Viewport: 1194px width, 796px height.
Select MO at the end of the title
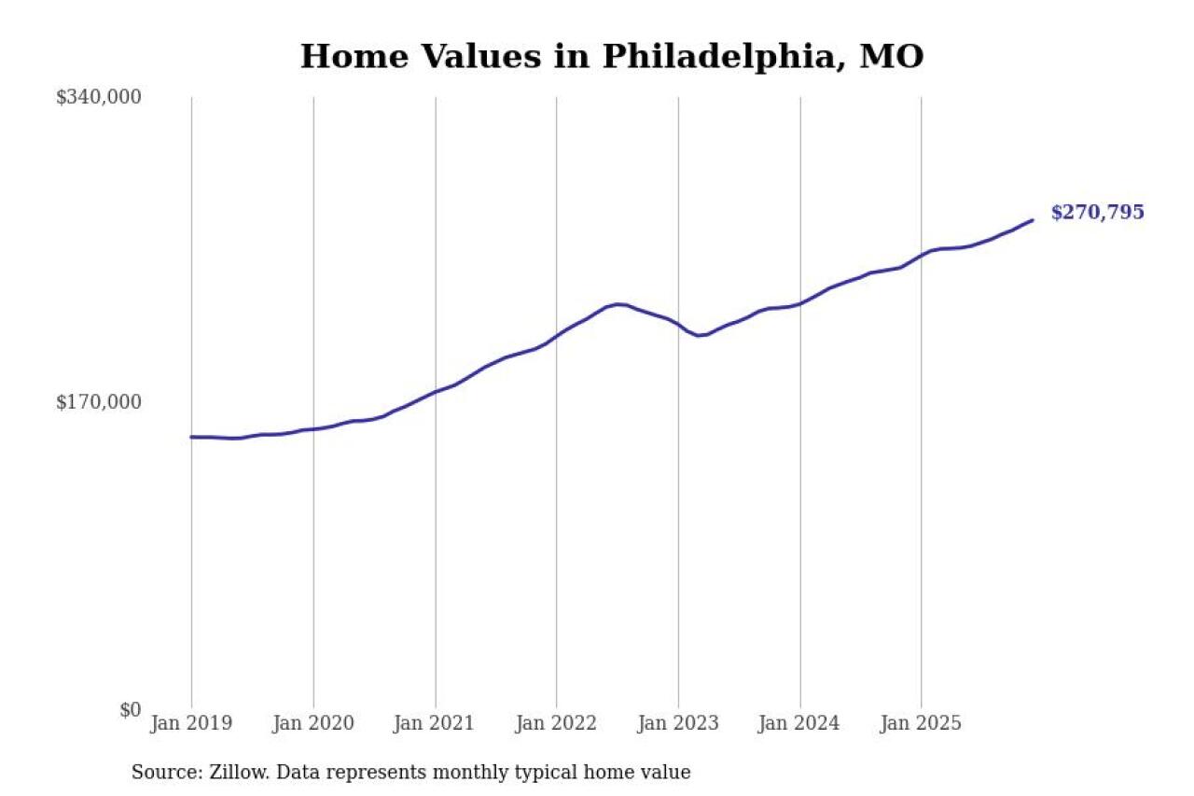coord(891,57)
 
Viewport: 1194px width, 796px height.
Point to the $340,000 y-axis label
coord(98,97)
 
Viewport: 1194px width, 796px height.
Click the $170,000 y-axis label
coord(98,402)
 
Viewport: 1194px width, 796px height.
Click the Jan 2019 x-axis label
coord(191,724)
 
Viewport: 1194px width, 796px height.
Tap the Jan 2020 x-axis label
coord(313,724)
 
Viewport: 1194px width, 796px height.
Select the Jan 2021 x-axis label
coord(435,724)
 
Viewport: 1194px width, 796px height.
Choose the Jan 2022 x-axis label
coord(557,724)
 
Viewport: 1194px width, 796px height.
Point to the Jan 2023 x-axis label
coord(678,724)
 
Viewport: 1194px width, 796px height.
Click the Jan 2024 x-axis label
coord(799,724)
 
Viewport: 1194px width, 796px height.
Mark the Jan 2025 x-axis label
coord(922,724)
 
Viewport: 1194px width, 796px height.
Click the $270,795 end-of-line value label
coord(1097,213)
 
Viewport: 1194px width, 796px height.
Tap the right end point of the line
coord(1032,220)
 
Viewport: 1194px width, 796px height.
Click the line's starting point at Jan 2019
coord(192,437)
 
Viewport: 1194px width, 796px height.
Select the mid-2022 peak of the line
coord(618,304)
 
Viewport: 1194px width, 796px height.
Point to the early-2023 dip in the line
coord(700,335)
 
